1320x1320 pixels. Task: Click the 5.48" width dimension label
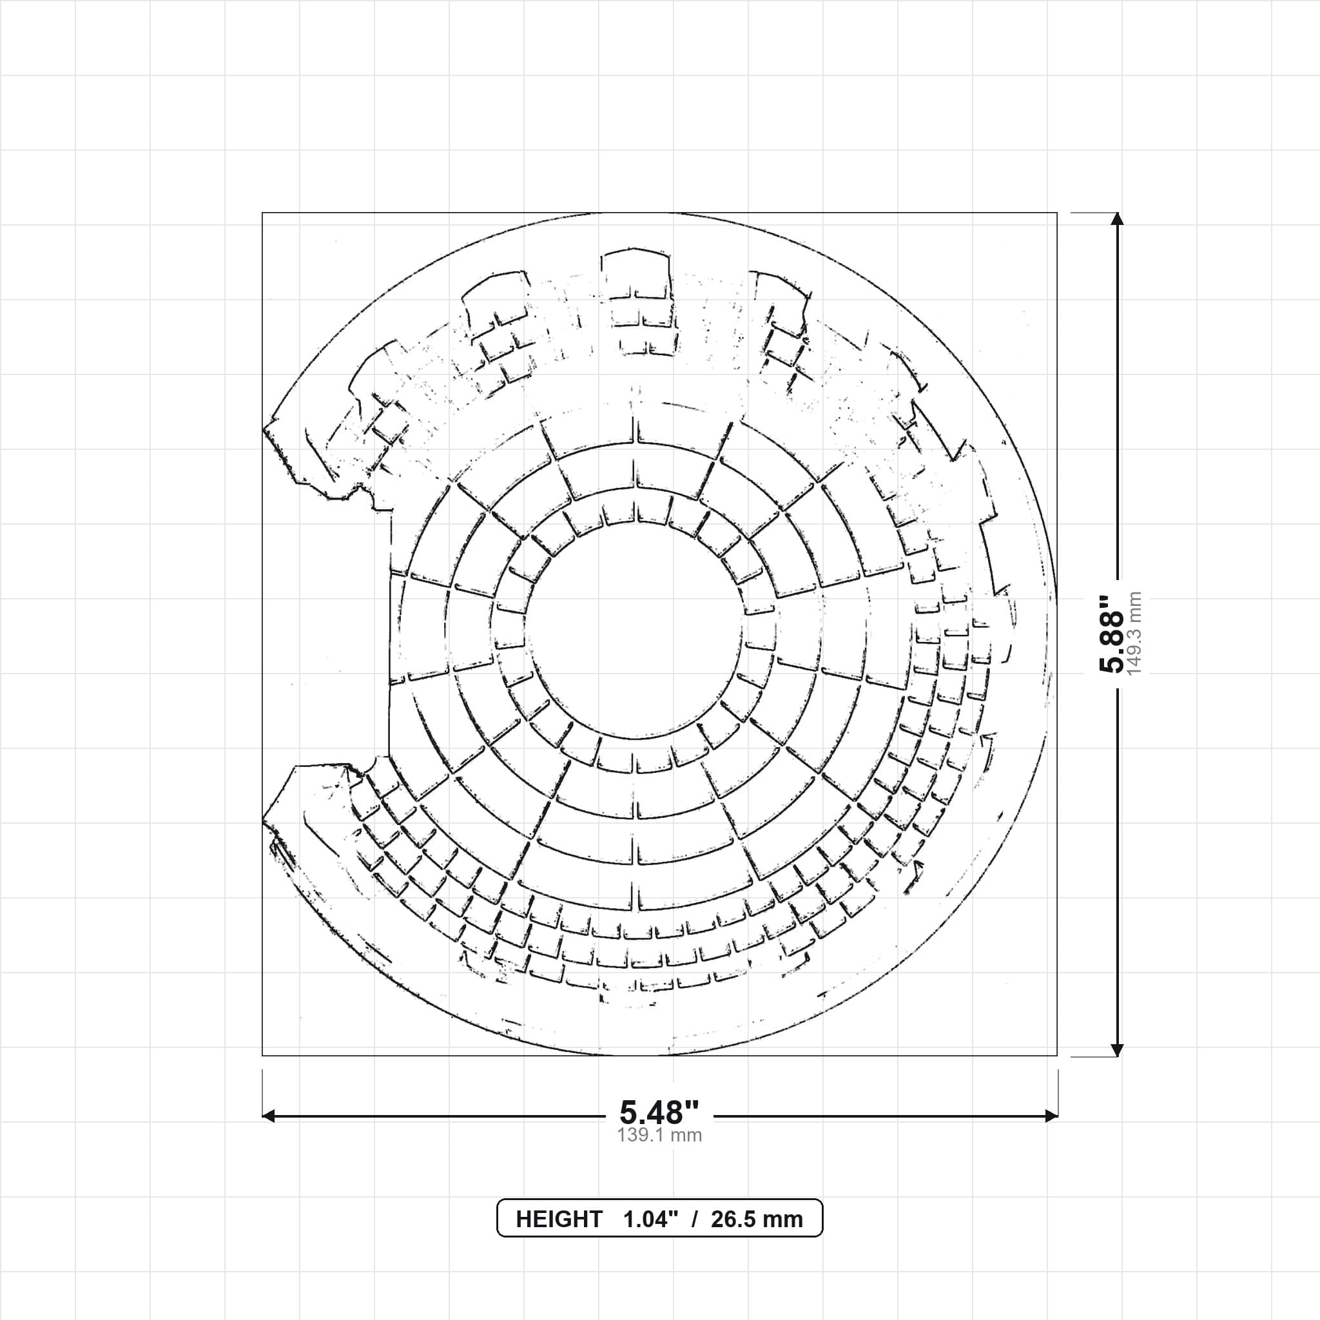tap(659, 1113)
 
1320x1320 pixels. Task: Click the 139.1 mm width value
tap(659, 1136)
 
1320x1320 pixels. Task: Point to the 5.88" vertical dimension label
tap(1111, 634)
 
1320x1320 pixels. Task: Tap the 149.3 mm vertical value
tap(1134, 634)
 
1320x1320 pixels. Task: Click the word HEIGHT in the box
tap(559, 1219)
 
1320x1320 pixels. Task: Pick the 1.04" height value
tap(650, 1219)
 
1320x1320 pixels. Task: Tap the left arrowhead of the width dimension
tap(269, 1116)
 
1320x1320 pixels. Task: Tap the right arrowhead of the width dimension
tap(1051, 1116)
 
